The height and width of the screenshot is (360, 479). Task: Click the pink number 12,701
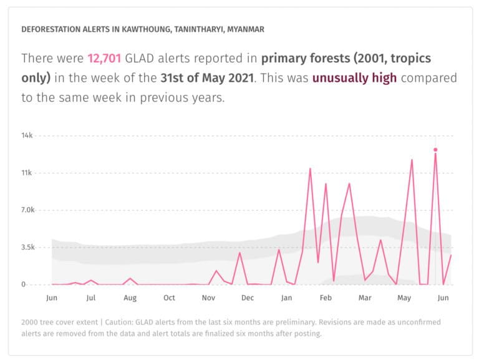click(x=104, y=59)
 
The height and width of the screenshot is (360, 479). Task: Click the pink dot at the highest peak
click(x=435, y=150)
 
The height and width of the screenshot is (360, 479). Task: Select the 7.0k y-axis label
click(x=28, y=210)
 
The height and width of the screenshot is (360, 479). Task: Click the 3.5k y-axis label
click(x=28, y=247)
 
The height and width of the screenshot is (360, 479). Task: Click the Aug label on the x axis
click(x=130, y=298)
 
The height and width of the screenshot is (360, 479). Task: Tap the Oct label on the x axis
click(x=169, y=298)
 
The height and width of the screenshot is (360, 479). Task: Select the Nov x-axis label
click(x=208, y=298)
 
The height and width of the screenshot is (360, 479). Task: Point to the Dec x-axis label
click(x=248, y=298)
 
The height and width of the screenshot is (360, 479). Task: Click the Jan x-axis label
click(x=287, y=298)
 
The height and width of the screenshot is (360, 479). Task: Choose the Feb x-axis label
click(x=326, y=298)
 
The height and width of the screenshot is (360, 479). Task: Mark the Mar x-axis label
click(x=365, y=298)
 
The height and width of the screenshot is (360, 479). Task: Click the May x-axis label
click(x=404, y=298)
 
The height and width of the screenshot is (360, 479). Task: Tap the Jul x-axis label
click(x=91, y=298)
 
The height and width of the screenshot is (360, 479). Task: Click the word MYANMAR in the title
click(x=244, y=29)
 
